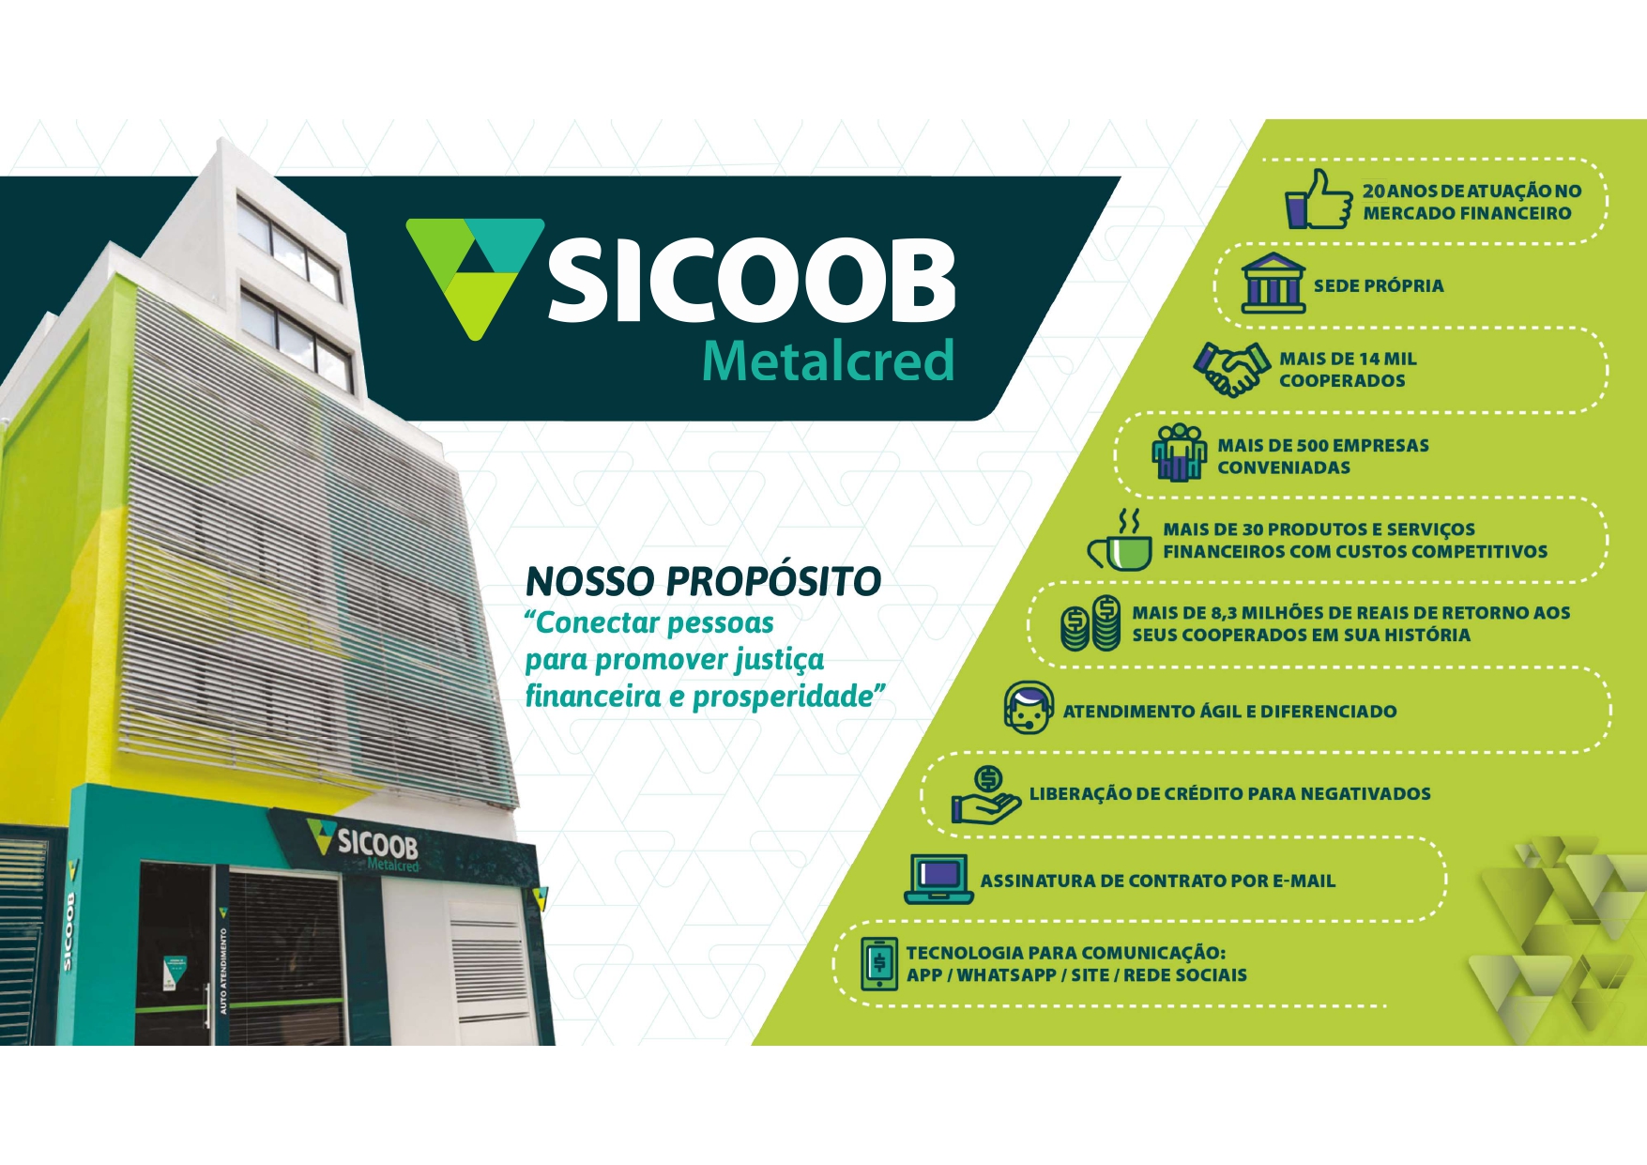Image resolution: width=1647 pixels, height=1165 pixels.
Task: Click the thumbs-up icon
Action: coord(1318,200)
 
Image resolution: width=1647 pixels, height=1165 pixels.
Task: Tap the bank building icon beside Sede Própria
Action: coord(1273,283)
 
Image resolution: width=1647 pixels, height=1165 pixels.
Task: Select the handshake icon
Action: coord(1231,369)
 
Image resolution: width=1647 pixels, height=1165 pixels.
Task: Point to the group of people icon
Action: coord(1180,452)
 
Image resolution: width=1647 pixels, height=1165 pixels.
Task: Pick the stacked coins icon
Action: coord(1090,624)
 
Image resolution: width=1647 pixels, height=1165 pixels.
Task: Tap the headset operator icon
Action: coord(1028,708)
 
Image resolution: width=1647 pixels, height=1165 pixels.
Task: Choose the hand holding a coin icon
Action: coord(985,796)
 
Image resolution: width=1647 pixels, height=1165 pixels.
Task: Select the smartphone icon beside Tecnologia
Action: coord(879,964)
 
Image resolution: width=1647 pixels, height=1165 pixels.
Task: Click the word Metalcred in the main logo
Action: coord(828,361)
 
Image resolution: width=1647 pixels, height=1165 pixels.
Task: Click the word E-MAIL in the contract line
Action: coord(1304,881)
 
